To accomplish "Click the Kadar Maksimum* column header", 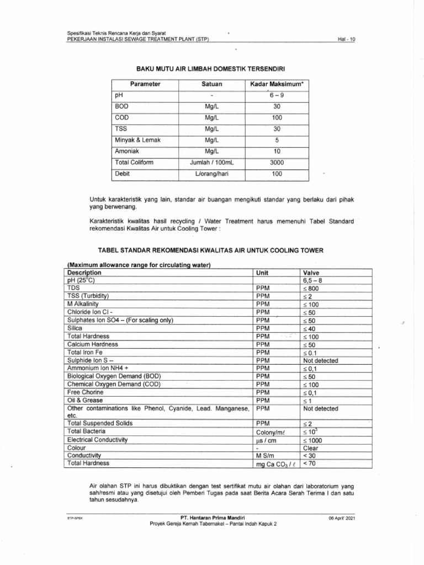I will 277,84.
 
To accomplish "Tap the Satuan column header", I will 211,84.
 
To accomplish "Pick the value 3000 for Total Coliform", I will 277,162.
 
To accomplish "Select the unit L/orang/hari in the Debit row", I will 211,174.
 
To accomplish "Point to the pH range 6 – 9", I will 277,95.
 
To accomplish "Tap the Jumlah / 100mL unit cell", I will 211,162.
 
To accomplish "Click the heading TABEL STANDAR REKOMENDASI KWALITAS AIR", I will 215,250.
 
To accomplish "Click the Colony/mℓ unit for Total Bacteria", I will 271,432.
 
